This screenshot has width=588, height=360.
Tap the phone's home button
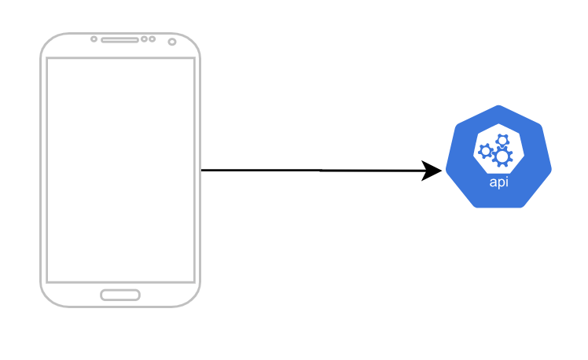pyautogui.click(x=120, y=295)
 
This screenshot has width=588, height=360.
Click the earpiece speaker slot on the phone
pyautogui.click(x=119, y=39)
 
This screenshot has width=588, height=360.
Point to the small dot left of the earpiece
pyautogui.click(x=94, y=39)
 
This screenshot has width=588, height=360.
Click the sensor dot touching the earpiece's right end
pyautogui.click(x=144, y=39)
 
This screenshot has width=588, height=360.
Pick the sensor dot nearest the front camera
pyautogui.click(x=151, y=39)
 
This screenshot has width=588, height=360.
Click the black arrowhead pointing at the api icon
pyautogui.click(x=432, y=171)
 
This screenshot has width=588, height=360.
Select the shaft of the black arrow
pyautogui.click(x=314, y=170)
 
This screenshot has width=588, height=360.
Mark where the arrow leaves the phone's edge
pyautogui.click(x=202, y=170)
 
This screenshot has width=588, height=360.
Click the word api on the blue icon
pyautogui.click(x=498, y=182)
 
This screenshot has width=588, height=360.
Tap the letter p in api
pyautogui.click(x=499, y=183)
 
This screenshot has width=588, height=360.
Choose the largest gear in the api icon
pyautogui.click(x=502, y=157)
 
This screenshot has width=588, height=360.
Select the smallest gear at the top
pyautogui.click(x=502, y=140)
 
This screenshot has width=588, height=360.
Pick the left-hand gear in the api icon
pyautogui.click(x=486, y=150)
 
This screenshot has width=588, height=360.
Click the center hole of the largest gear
pyautogui.click(x=502, y=157)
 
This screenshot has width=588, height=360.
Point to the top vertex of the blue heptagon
pyautogui.click(x=498, y=105)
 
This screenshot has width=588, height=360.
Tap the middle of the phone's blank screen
pyautogui.click(x=120, y=170)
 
